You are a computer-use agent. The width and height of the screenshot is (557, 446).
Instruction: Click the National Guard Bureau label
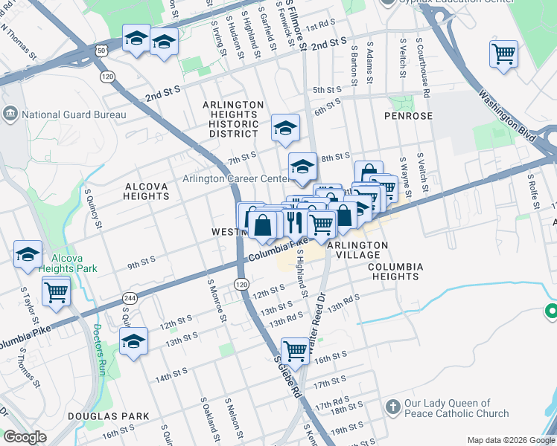(73, 114)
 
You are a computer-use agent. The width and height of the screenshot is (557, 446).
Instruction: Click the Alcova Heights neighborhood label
(147, 190)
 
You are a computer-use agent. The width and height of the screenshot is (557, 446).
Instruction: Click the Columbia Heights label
(395, 271)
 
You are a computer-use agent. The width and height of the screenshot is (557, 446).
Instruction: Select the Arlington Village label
(358, 250)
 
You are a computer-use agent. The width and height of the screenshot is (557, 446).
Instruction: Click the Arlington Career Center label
(235, 179)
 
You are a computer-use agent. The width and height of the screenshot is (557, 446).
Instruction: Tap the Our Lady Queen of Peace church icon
(394, 407)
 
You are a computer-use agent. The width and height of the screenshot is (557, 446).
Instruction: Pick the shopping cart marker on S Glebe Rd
(295, 349)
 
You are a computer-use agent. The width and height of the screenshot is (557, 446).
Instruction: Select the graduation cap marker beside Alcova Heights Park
(28, 254)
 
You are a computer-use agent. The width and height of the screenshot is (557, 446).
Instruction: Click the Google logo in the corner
(25, 437)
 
